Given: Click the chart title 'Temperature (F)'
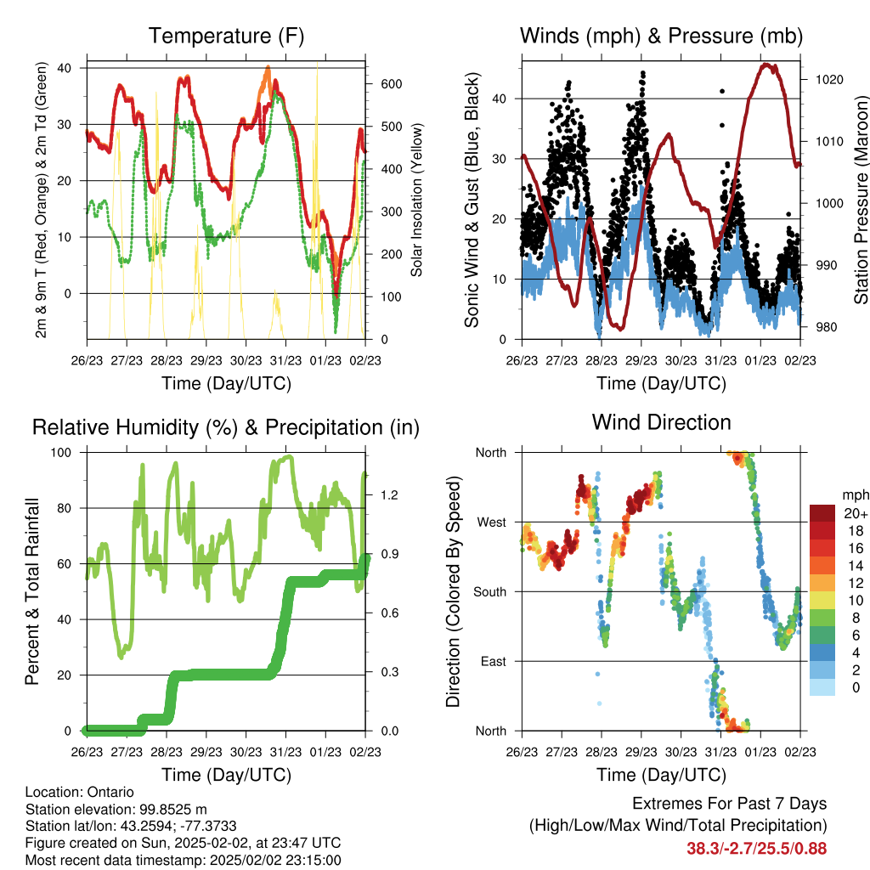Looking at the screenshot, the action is [226, 36].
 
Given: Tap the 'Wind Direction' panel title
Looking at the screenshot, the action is [661, 422].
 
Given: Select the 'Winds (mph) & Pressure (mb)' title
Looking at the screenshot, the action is [661, 36].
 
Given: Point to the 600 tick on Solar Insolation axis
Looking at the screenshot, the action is [391, 84].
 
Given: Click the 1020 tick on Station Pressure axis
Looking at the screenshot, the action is [829, 80].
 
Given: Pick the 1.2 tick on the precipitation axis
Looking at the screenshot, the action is [389, 495].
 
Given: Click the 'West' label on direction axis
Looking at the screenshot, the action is [492, 523].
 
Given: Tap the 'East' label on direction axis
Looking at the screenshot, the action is [494, 661].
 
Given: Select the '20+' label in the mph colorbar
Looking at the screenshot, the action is [856, 513].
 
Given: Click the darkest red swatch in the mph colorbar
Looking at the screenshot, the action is [822, 513].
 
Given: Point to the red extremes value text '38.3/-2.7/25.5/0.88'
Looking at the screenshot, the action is [757, 849].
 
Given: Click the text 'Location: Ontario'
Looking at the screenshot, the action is [79, 792].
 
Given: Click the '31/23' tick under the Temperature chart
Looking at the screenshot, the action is [285, 360].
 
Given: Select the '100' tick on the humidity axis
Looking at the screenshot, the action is [61, 452].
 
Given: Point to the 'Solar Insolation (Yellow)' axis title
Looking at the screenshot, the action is [416, 200].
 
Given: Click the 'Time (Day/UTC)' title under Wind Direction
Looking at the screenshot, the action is [661, 775].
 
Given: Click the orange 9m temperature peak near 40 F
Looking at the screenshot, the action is [268, 68].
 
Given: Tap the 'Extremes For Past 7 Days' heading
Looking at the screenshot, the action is [730, 804].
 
